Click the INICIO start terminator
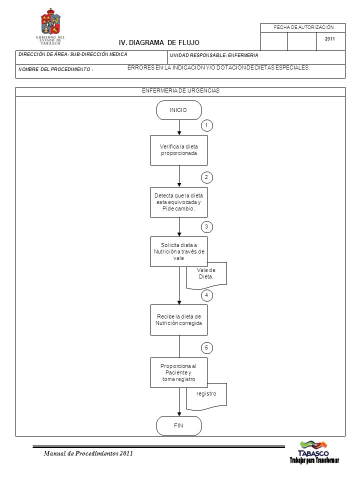(179, 110)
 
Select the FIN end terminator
(179, 425)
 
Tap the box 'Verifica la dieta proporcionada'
(179, 150)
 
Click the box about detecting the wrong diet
(179, 202)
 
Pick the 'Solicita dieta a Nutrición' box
(179, 251)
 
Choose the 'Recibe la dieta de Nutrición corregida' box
(179, 320)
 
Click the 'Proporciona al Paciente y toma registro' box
(179, 372)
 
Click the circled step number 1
(206, 125)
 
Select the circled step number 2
(206, 177)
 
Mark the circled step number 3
(206, 227)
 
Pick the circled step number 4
(206, 295)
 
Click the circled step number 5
(206, 348)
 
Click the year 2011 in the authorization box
(330, 39)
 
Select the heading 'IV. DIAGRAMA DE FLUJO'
(159, 43)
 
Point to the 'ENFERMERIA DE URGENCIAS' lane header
(180, 90)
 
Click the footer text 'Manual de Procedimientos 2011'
(88, 453)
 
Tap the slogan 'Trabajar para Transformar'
(314, 460)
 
